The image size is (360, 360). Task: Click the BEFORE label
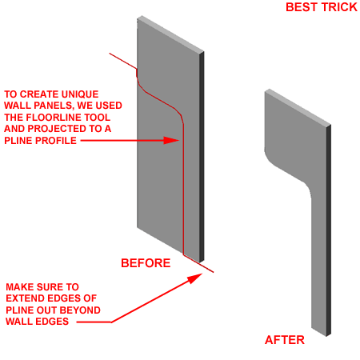pyautogui.click(x=146, y=263)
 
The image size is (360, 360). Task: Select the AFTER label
pyautogui.click(x=285, y=340)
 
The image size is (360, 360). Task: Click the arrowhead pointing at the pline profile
pyautogui.click(x=171, y=141)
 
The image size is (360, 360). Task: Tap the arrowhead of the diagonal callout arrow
pyautogui.click(x=196, y=278)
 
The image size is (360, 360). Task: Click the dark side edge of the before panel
pyautogui.click(x=202, y=157)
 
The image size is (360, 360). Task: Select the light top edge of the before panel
pyautogui.click(x=170, y=35)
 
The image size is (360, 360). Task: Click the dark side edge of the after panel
pyautogui.click(x=329, y=230)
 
